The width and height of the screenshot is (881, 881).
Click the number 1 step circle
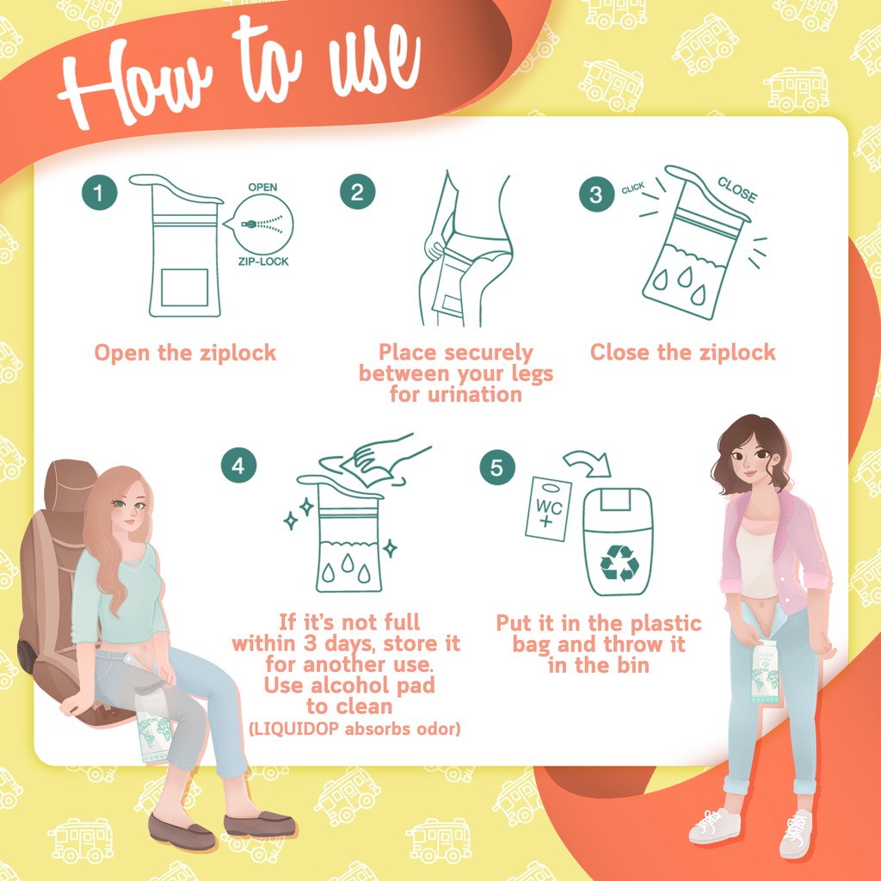coord(100,193)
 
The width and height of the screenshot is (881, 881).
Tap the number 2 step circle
coord(357,192)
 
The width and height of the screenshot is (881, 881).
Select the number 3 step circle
coord(597,194)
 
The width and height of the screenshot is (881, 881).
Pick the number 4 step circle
coord(239,465)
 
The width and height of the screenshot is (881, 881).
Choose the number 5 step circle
coord(497,467)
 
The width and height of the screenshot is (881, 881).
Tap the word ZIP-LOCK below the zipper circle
coord(263,262)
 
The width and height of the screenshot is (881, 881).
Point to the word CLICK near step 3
coord(633,188)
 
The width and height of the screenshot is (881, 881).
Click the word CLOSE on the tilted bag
coord(737,189)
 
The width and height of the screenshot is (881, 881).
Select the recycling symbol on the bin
coord(619,563)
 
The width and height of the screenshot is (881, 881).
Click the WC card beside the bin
coord(548,509)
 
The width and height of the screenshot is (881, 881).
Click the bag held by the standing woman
coord(765,671)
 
